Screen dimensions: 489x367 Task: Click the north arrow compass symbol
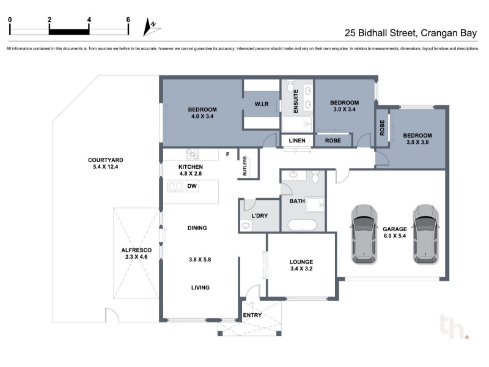coord(151,27)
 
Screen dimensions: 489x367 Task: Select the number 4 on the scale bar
coord(89,20)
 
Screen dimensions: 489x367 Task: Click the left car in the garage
coord(364,234)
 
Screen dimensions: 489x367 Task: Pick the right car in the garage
coord(425,234)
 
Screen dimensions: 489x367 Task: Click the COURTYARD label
coord(105,160)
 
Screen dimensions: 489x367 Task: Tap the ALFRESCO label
coord(136,250)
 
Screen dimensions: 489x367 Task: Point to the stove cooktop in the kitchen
coord(193,154)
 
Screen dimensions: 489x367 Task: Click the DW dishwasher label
coord(192,186)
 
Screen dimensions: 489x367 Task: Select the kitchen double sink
coord(175,187)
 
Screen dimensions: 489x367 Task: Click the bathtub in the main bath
coord(302,224)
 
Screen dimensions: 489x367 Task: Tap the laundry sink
coord(246,225)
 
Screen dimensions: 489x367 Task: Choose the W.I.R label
coord(262,104)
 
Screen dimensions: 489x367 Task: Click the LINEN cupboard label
coord(297,141)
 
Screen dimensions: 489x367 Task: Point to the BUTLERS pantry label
coord(245,166)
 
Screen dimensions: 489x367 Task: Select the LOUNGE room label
coord(301,262)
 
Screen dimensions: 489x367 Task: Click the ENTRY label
coord(252,315)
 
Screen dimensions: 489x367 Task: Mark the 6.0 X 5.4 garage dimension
coord(394,236)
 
